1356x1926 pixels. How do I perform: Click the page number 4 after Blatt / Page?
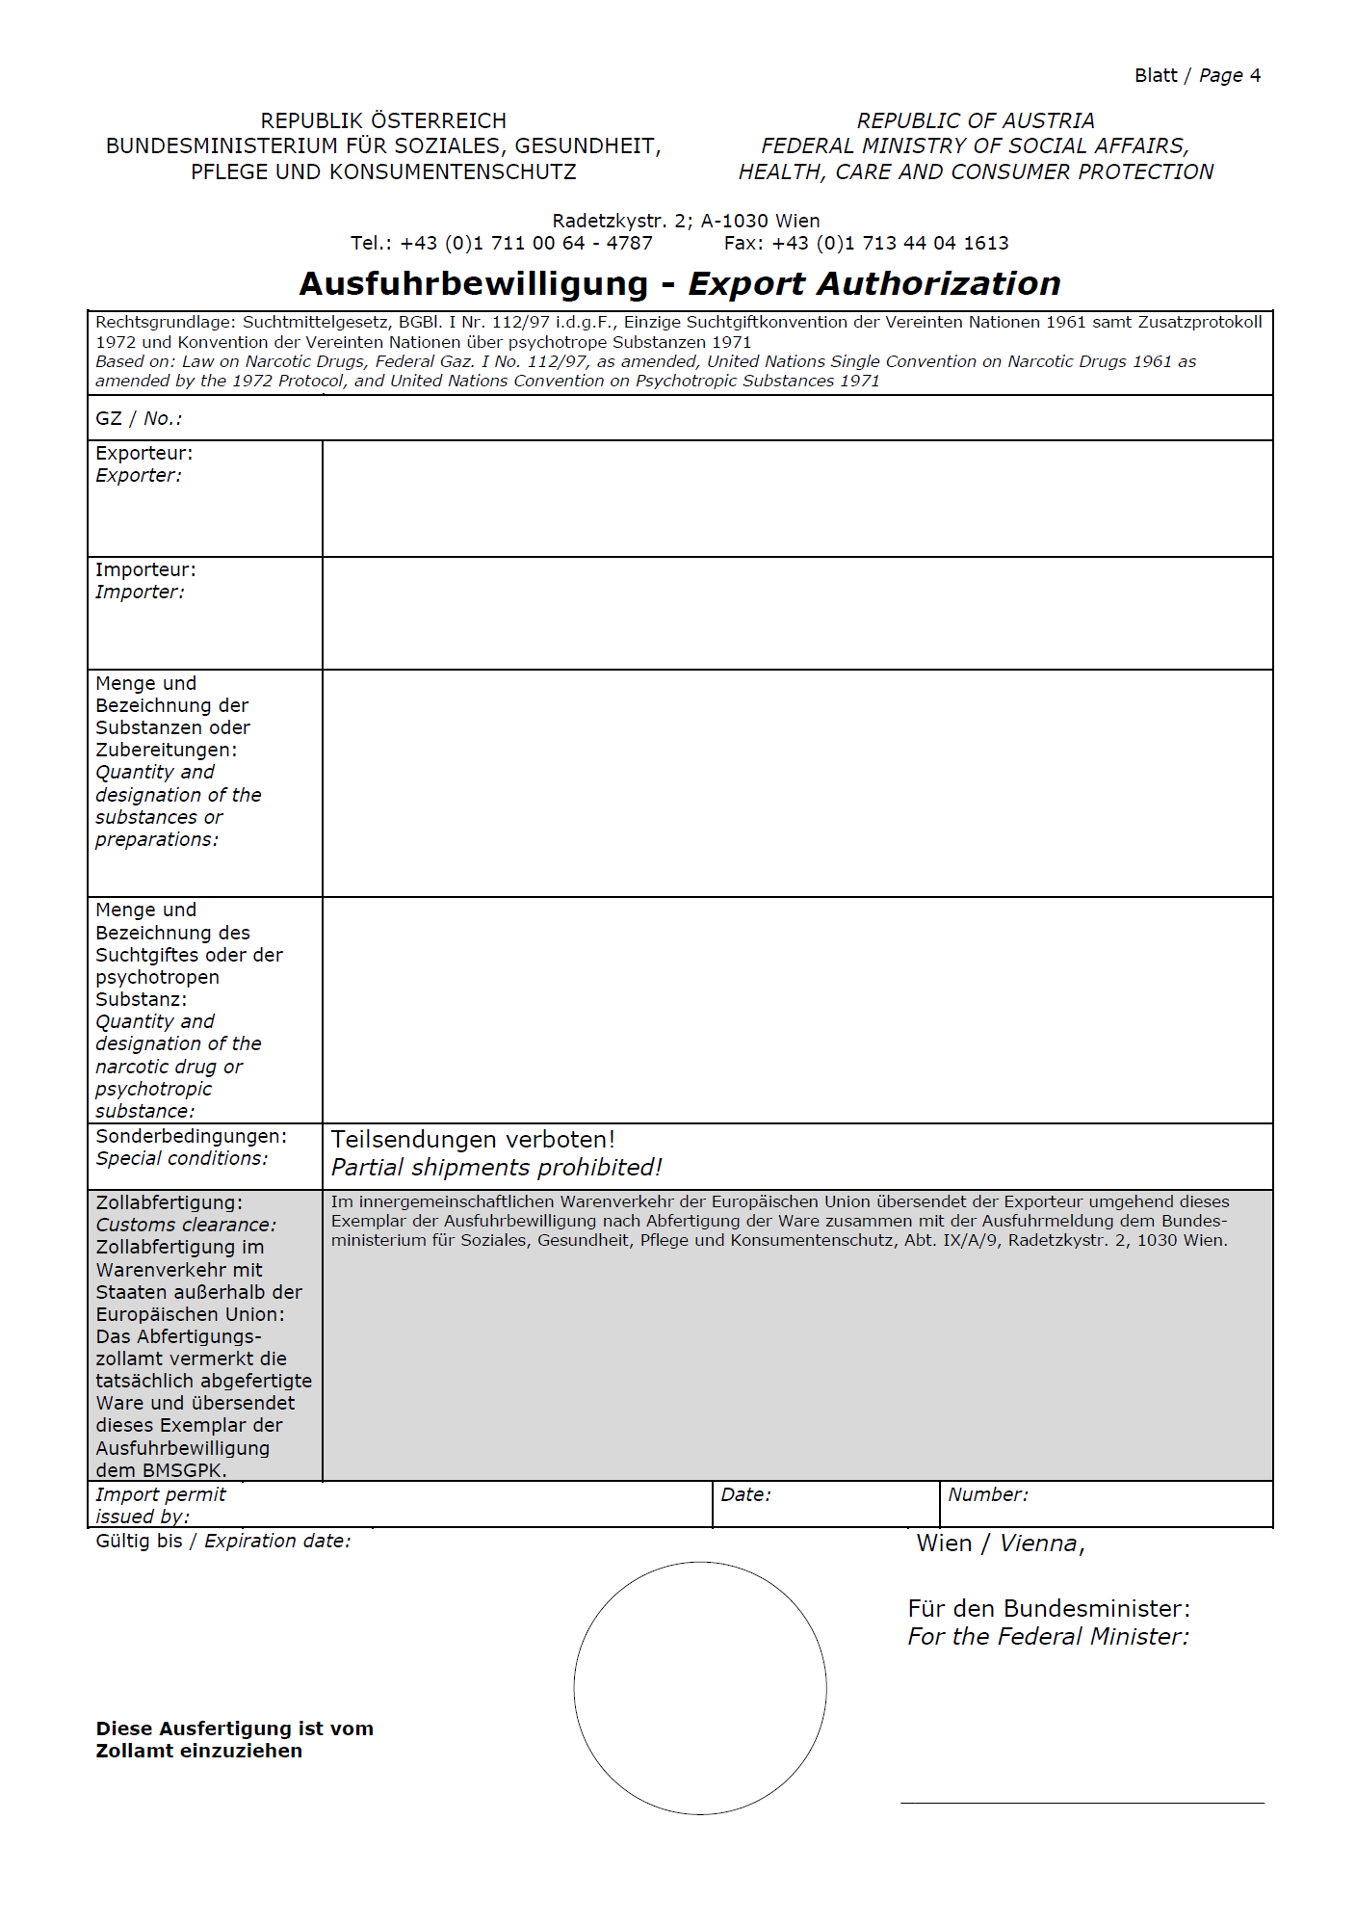coord(1255,76)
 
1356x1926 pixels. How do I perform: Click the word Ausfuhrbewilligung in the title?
coord(473,284)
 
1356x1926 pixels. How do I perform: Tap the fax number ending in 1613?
coord(890,244)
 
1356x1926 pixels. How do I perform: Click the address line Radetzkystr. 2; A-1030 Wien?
coord(686,221)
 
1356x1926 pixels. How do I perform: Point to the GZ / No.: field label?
coord(139,418)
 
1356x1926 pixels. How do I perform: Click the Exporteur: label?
coord(143,453)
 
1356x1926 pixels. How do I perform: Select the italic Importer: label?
coord(140,592)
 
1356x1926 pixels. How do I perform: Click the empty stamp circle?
coord(700,1688)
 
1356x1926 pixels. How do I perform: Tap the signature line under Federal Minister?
coord(1082,1802)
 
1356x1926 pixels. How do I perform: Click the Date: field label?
coord(745,1494)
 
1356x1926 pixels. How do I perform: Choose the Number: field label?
coord(987,1494)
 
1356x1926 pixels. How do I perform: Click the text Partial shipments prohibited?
coord(497,1168)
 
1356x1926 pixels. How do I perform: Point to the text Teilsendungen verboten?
coord(473,1140)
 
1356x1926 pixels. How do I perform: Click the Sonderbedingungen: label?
coord(191,1136)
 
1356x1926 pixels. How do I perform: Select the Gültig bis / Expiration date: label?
coord(223,1541)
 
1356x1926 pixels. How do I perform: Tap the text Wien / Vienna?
coord(1001,1543)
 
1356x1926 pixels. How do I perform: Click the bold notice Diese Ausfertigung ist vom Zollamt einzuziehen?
coord(234,1739)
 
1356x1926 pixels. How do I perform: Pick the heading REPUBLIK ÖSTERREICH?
coord(383,121)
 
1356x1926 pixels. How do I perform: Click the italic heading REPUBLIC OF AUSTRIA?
coord(976,121)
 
